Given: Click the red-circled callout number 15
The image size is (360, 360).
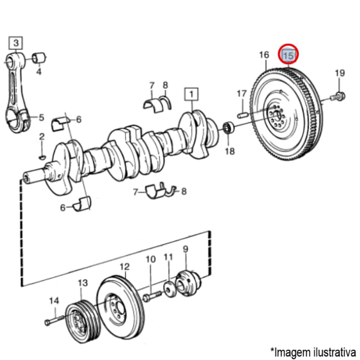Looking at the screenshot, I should (289, 56).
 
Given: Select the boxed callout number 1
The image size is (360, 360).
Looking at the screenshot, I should (191, 94).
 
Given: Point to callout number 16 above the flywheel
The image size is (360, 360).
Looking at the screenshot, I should (264, 55).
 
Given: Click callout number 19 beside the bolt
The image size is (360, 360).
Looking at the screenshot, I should (340, 73).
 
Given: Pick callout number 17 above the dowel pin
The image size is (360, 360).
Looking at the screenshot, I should (241, 94).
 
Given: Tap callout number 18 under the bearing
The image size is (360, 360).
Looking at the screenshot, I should (229, 151).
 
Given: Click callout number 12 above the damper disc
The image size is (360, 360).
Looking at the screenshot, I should (124, 267).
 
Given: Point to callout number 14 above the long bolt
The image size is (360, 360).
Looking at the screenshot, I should (54, 301).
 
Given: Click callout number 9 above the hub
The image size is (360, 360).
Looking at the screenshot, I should (185, 249).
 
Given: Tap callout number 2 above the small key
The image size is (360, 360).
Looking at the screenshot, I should (41, 137).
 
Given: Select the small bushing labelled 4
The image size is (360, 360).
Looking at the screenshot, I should (41, 57).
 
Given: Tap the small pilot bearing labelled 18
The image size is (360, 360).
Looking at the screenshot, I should (228, 128).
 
